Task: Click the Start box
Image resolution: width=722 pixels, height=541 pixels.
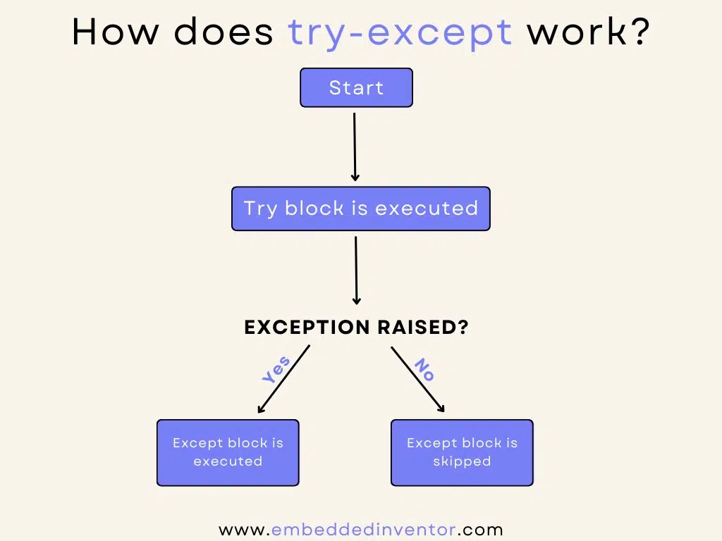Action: pyautogui.click(x=356, y=87)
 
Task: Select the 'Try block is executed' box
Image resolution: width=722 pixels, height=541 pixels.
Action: pyautogui.click(x=360, y=209)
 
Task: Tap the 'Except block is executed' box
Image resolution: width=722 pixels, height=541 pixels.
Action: pyautogui.click(x=228, y=452)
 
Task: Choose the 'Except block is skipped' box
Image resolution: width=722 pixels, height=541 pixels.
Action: pyautogui.click(x=462, y=452)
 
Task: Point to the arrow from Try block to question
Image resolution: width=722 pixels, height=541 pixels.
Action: pyautogui.click(x=356, y=270)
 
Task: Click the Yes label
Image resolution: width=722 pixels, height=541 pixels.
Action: pyautogui.click(x=276, y=371)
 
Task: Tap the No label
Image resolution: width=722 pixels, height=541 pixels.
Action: pyautogui.click(x=424, y=369)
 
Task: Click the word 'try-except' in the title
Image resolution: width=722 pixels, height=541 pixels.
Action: pyautogui.click(x=400, y=32)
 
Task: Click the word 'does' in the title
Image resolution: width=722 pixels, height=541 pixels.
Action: pyautogui.click(x=224, y=32)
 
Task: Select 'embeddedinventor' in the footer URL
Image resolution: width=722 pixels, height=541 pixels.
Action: pyautogui.click(x=364, y=529)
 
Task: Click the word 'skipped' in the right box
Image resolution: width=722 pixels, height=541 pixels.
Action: pyautogui.click(x=462, y=461)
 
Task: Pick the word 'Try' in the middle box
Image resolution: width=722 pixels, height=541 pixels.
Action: pyautogui.click(x=260, y=209)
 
